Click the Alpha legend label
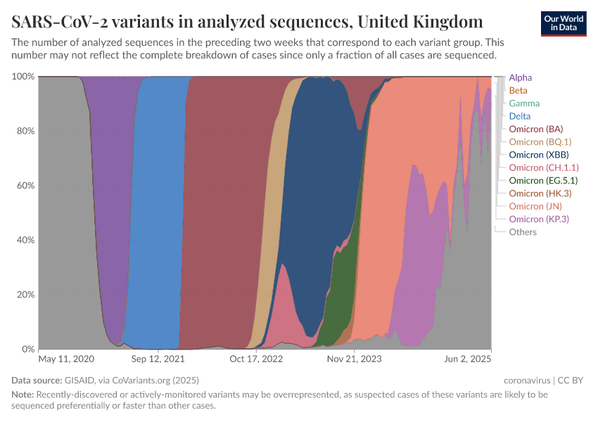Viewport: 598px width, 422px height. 520,77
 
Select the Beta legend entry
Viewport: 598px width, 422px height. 518,91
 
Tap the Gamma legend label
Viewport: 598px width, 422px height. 524,103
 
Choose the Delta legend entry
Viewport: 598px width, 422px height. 519,116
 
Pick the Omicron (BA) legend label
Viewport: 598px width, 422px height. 535,129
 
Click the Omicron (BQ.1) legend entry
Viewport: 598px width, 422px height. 538,142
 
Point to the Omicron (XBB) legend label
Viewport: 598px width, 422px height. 538,155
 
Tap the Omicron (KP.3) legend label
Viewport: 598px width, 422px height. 538,219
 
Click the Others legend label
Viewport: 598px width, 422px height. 523,232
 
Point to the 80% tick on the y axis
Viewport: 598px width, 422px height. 24,131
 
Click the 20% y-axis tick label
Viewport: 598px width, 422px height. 24,295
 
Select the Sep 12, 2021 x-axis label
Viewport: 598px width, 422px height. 159,359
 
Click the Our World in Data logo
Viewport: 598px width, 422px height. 564,23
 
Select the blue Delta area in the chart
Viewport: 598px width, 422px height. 162,211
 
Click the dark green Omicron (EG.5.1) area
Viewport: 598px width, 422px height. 343,295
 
